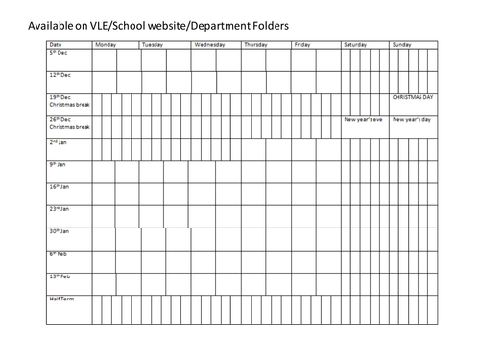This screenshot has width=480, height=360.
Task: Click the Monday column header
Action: (x=106, y=44)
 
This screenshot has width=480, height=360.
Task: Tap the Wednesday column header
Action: (x=210, y=44)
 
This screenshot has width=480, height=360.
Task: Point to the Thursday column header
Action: (x=256, y=44)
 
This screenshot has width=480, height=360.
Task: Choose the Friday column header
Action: (x=302, y=44)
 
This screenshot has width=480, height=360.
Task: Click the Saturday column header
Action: (x=355, y=44)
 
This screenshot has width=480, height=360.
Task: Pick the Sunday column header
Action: (x=402, y=44)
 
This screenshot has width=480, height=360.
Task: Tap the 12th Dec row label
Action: (x=60, y=74)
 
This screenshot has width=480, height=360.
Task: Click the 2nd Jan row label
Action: (x=60, y=142)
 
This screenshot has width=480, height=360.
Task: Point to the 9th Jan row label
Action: (x=59, y=164)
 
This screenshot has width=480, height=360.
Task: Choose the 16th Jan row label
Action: (x=60, y=186)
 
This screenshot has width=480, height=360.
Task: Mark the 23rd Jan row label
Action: (x=60, y=208)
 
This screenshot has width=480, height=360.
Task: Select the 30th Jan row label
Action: (x=60, y=231)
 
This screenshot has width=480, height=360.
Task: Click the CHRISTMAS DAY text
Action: (x=414, y=97)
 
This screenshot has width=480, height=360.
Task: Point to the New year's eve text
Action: (x=364, y=119)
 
